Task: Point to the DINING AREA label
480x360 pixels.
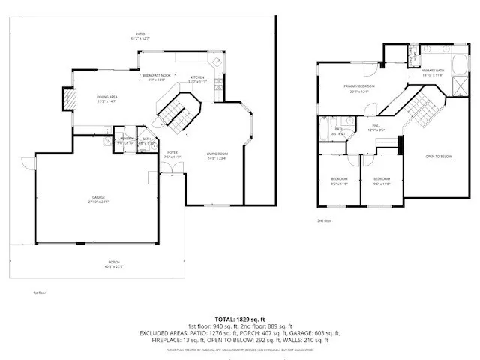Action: coord(106,97)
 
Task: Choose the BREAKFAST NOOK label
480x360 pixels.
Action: coord(155,75)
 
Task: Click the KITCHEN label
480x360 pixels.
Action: coord(196,78)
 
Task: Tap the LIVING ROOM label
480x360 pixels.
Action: coord(217,154)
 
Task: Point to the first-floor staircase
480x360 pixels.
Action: coord(174,109)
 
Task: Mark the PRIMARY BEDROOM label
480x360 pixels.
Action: coord(359,86)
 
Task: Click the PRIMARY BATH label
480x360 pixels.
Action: coord(433,70)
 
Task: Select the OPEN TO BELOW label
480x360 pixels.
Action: coord(438,156)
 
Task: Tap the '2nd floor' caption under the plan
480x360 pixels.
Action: coord(324,221)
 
